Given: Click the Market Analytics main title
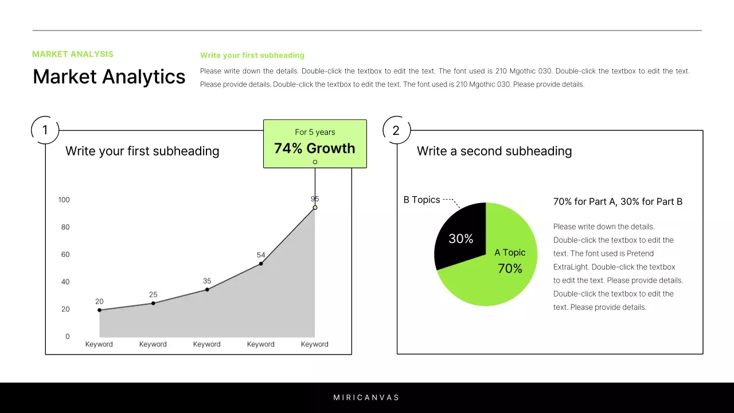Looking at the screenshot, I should coord(109,77).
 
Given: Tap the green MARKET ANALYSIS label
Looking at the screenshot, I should coord(73,54).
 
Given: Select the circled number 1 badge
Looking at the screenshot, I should coord(45,130).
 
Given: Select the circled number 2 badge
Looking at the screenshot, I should coord(396,130).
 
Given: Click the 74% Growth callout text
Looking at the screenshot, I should coord(314,149).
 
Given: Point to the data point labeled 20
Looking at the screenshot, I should coord(99,310).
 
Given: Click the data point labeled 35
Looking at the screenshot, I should coord(207,290).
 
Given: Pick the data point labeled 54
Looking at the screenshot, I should coord(261,264).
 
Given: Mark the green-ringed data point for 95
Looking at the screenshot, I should coord(315,208).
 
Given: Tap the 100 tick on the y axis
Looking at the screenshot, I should coord(64,200).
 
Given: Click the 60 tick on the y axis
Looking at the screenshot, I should coord(65,254).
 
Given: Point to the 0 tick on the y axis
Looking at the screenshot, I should coord(68,337).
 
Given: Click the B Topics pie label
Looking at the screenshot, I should coord(421,200).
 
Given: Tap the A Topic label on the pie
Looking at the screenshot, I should coord(510,252).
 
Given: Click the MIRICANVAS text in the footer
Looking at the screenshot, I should coord(366,398).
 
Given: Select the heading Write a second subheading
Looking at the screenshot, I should coord(494,151).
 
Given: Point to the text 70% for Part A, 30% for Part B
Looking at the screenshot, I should coord(618,202).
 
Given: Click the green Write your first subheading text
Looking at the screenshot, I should coord(252,56).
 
